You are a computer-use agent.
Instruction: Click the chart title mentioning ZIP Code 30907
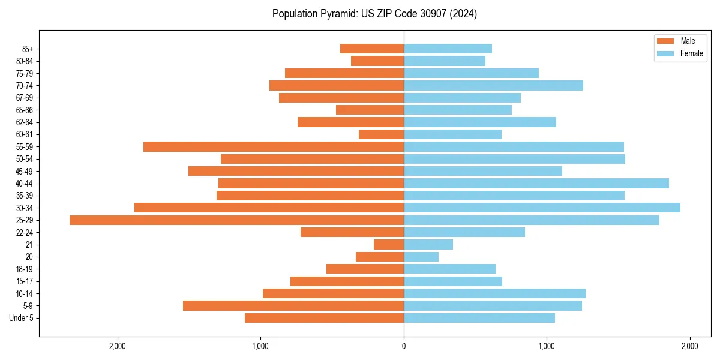(x=374, y=14)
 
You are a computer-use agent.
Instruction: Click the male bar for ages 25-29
(x=236, y=220)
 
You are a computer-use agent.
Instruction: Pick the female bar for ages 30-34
(x=542, y=208)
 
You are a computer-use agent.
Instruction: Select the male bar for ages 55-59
(x=274, y=146)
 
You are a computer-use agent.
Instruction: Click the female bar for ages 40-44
(x=536, y=183)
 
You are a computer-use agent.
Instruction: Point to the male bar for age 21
(x=389, y=245)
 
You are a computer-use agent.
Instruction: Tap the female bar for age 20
(x=421, y=257)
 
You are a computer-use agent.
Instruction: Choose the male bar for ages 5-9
(x=293, y=306)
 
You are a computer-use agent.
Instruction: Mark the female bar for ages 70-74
(x=493, y=85)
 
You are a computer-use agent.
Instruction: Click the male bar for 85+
(x=372, y=49)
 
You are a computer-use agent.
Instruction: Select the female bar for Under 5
(x=479, y=318)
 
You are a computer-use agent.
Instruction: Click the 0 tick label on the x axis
(x=404, y=346)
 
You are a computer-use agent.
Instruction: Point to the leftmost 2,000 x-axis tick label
(x=118, y=346)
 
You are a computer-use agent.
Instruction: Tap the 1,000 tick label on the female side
(x=547, y=346)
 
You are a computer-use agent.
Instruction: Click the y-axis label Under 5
(x=21, y=318)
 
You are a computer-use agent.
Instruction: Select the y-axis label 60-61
(x=25, y=134)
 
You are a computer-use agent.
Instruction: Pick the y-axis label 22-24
(x=25, y=232)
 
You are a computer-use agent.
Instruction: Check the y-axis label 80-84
(x=25, y=61)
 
